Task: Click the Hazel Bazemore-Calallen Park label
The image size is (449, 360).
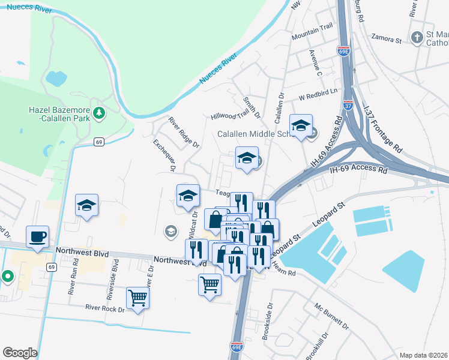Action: point(59,113)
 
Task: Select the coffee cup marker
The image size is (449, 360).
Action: point(37,236)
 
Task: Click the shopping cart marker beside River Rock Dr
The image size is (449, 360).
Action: point(137,298)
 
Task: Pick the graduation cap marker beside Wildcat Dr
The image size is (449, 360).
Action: point(188,195)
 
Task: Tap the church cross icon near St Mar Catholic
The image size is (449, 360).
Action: point(417,38)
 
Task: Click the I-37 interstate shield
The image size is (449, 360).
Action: point(349,106)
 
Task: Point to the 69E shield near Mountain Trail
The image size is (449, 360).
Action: point(343,52)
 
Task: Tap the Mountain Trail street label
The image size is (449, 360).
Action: point(312,37)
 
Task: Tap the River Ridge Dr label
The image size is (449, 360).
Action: point(184,133)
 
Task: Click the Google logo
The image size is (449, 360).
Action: point(20,353)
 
